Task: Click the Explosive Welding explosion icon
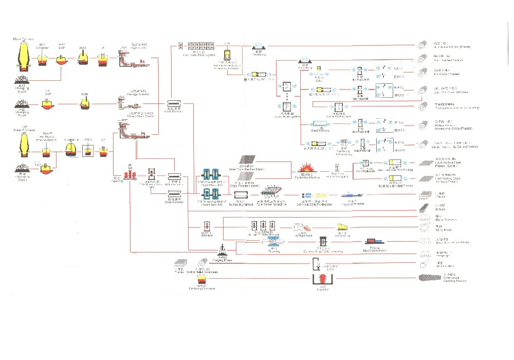[306, 167]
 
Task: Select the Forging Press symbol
[222, 251]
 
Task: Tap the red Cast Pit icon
[322, 280]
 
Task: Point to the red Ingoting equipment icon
[129, 174]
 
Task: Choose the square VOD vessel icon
[89, 150]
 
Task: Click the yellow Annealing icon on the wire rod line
[342, 227]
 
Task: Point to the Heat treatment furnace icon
[374, 242]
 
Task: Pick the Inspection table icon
[354, 195]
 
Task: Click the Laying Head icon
[301, 227]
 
